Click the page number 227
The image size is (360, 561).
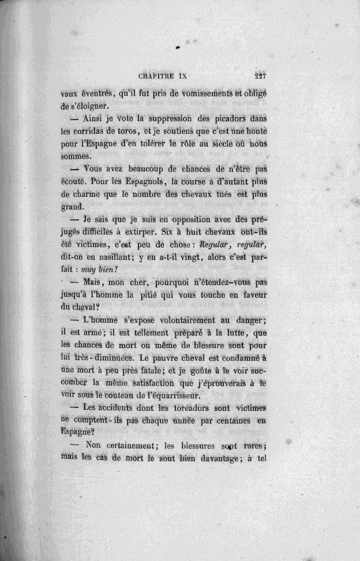262,75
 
